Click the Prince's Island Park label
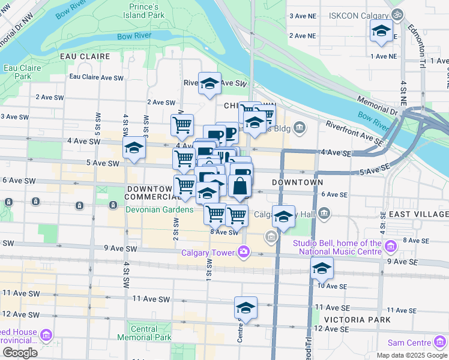(x=147, y=11)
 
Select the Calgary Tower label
(x=209, y=253)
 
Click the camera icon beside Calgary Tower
(x=244, y=251)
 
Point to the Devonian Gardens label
(x=160, y=209)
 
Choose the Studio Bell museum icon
(x=391, y=245)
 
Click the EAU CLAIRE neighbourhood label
(x=85, y=56)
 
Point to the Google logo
(x=20, y=353)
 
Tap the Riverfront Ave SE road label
(x=354, y=133)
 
